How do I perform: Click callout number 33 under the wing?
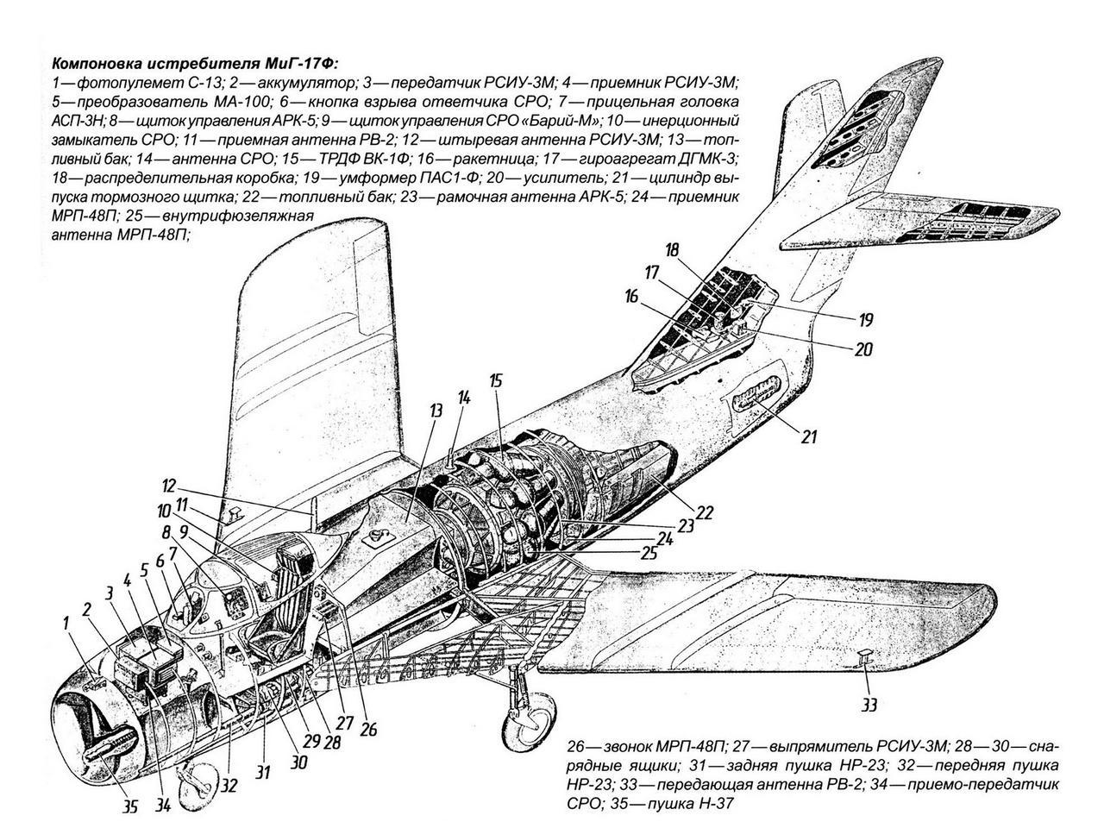point(869,706)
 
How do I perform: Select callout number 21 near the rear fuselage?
point(808,437)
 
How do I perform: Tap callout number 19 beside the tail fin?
point(865,320)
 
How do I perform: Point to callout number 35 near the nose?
point(130,808)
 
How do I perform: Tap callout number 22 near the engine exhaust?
point(705,512)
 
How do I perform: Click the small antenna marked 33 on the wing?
point(864,659)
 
